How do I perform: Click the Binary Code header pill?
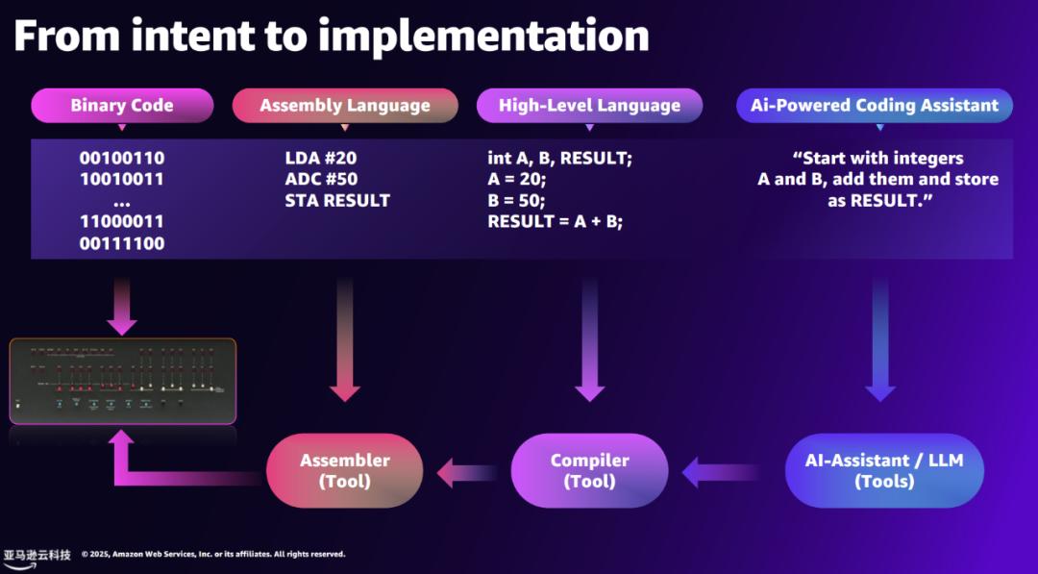tap(122, 106)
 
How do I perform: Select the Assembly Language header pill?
tap(345, 106)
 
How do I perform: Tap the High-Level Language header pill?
tap(589, 106)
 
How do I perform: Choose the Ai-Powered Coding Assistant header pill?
tap(875, 106)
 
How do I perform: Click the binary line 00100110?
tap(121, 158)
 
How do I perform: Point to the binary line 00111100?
tap(121, 243)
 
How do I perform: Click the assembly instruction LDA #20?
tap(322, 158)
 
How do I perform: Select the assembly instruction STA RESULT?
tap(337, 200)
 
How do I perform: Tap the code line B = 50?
tap(517, 200)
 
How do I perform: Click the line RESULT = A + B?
tap(556, 221)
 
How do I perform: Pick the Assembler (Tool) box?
tap(344, 471)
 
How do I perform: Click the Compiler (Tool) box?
tap(589, 471)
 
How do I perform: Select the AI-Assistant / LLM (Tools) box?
tap(884, 471)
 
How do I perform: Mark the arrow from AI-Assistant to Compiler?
tap(720, 472)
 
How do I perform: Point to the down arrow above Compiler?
tap(589, 341)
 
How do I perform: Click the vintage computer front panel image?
tap(123, 381)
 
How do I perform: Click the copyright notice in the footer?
tap(213, 554)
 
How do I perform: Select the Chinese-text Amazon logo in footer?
tap(37, 557)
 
